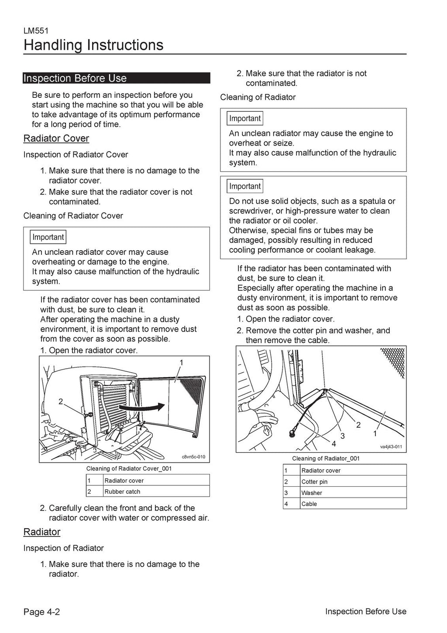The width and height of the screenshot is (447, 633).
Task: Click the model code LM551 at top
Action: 36,31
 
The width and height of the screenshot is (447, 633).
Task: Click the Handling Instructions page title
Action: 93,45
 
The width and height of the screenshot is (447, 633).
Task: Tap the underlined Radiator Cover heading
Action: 56,138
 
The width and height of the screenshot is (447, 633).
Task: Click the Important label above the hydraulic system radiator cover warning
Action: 48,237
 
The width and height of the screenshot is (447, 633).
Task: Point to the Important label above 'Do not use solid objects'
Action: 245,186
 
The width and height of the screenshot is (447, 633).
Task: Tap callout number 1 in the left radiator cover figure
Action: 181,363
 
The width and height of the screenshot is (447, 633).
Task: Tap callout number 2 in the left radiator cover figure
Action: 61,402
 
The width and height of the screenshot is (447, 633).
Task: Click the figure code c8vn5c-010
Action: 193,457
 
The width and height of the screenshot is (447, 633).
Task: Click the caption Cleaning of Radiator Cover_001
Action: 129,468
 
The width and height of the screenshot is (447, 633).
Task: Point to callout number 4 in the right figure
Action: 334,444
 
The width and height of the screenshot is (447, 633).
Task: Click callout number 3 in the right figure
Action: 343,436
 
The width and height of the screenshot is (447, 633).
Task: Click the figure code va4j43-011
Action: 391,447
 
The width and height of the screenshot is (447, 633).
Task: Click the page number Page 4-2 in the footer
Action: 41,612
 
